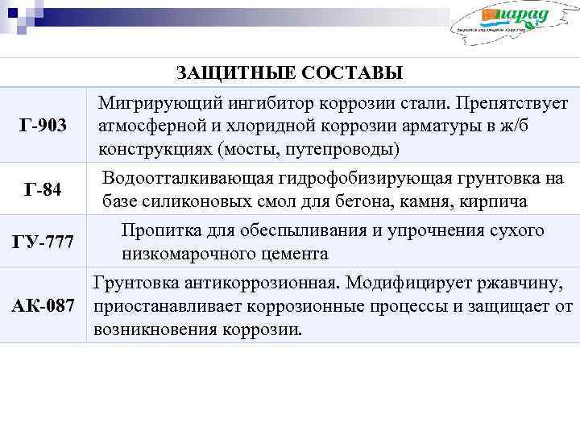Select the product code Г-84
[43, 190]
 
